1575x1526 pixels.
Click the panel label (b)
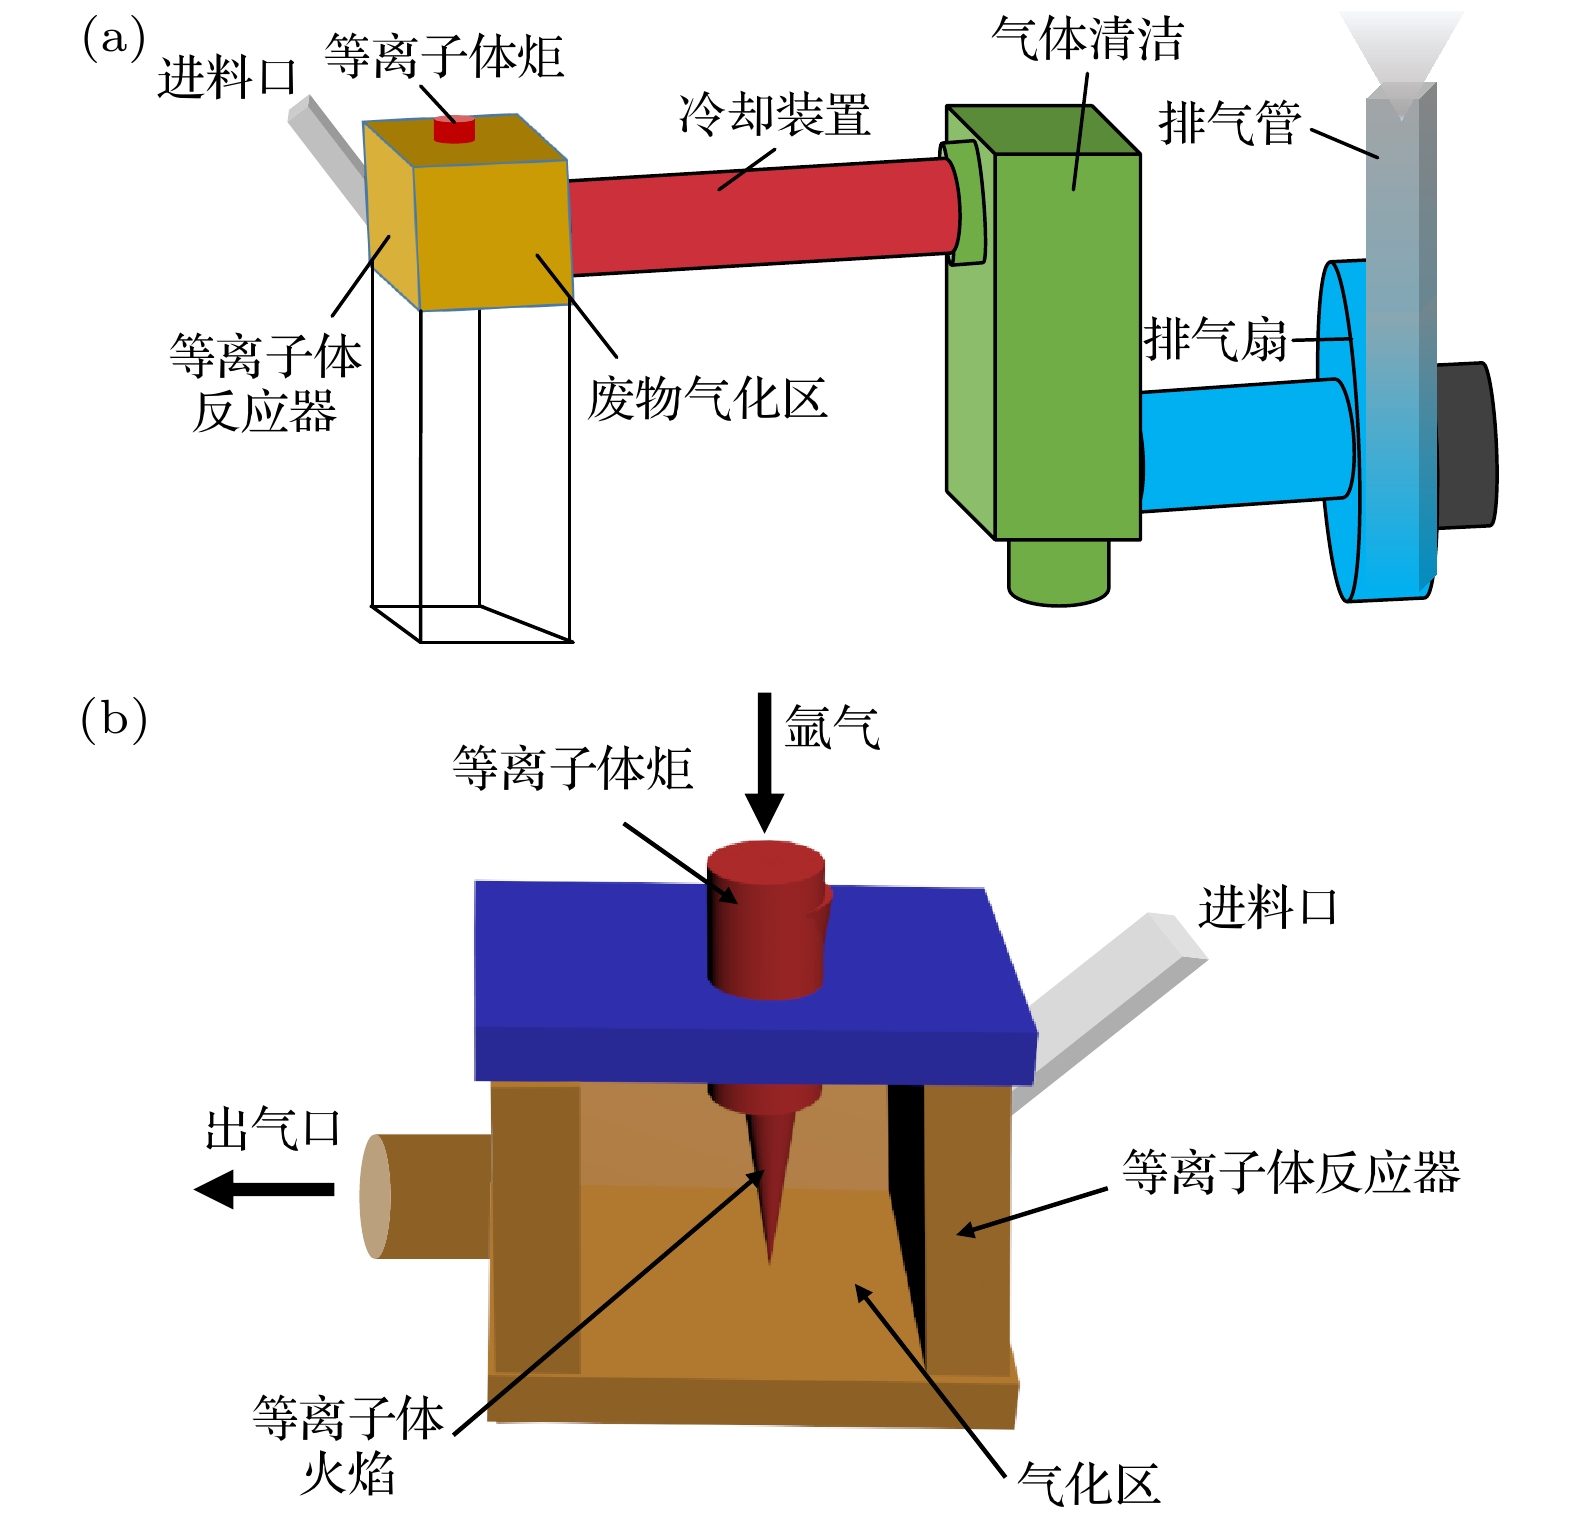[x=113, y=719]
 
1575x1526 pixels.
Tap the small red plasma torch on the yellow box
[x=454, y=129]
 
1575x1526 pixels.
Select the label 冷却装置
[x=774, y=114]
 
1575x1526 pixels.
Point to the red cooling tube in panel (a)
[x=760, y=218]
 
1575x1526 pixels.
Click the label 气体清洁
[x=1087, y=40]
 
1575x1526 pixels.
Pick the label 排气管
[x=1229, y=124]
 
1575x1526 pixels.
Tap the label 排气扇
[x=1215, y=339]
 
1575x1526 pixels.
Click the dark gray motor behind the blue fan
[x=1466, y=445]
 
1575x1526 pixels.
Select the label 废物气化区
[x=707, y=399]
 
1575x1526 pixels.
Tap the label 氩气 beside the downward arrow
[x=832, y=727]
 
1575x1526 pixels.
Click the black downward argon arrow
[x=765, y=760]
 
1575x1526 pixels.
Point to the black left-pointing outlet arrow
[x=265, y=1189]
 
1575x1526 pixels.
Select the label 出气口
[x=273, y=1129]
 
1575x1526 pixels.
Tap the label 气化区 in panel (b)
[x=1088, y=1484]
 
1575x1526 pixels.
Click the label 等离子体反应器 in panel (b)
[x=1290, y=1172]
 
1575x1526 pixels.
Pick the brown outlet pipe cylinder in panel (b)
[x=425, y=1196]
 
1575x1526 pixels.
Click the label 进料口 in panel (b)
[x=1267, y=908]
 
